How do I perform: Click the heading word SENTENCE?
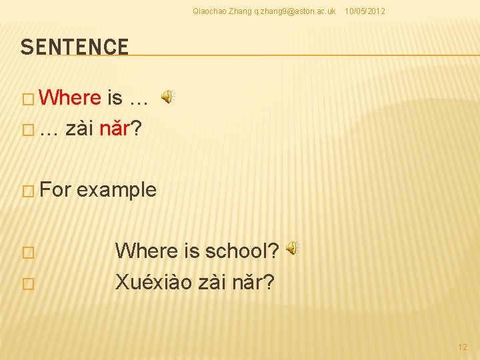tap(74, 47)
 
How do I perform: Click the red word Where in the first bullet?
tap(70, 98)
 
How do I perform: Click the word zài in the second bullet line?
tap(79, 129)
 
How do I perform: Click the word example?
tap(117, 190)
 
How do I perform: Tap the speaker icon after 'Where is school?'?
tap(292, 249)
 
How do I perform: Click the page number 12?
tap(463, 347)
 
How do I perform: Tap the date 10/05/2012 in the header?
tap(364, 11)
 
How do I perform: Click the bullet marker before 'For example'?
tap(27, 191)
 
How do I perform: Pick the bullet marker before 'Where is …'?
tap(27, 99)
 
